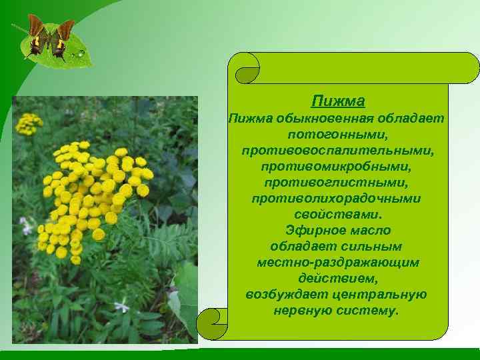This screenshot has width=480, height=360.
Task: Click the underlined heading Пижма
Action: pyautogui.click(x=337, y=101)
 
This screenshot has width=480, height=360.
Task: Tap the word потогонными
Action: pyautogui.click(x=337, y=135)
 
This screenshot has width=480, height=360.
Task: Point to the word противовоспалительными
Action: pyautogui.click(x=337, y=151)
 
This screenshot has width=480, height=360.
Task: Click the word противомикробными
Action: pyautogui.click(x=337, y=167)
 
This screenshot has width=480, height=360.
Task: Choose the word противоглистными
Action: pyautogui.click(x=337, y=182)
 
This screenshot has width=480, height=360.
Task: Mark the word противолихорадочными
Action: pyautogui.click(x=337, y=199)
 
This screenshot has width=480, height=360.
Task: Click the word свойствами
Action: pyautogui.click(x=337, y=214)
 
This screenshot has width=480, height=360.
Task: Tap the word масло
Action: pyautogui.click(x=367, y=231)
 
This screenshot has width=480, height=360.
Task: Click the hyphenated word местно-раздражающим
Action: pyautogui.click(x=337, y=263)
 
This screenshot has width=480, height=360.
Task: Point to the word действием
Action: pyautogui.click(x=337, y=279)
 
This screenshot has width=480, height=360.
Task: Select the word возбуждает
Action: pyautogui.click(x=283, y=295)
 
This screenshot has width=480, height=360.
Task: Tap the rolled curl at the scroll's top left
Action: pyautogui.click(x=244, y=67)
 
